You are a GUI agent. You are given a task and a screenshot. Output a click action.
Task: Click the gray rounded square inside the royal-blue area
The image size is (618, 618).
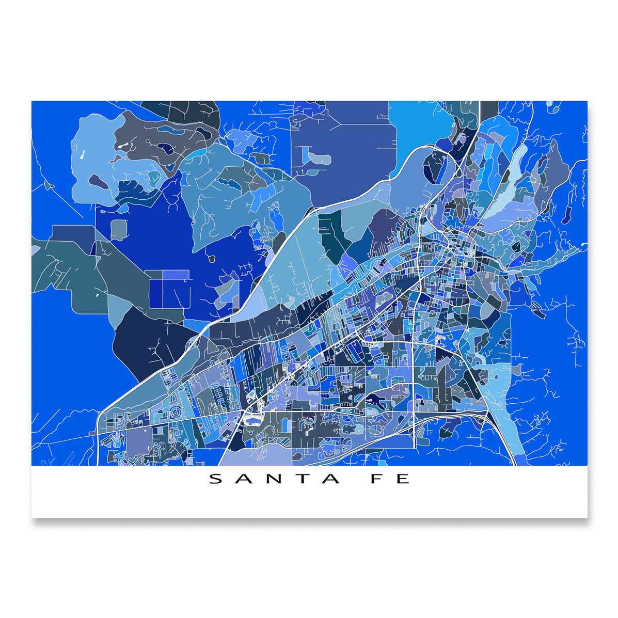pyautogui.click(x=118, y=229)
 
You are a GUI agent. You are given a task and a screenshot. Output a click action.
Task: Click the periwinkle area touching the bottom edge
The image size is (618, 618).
pyautogui.click(x=258, y=457)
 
